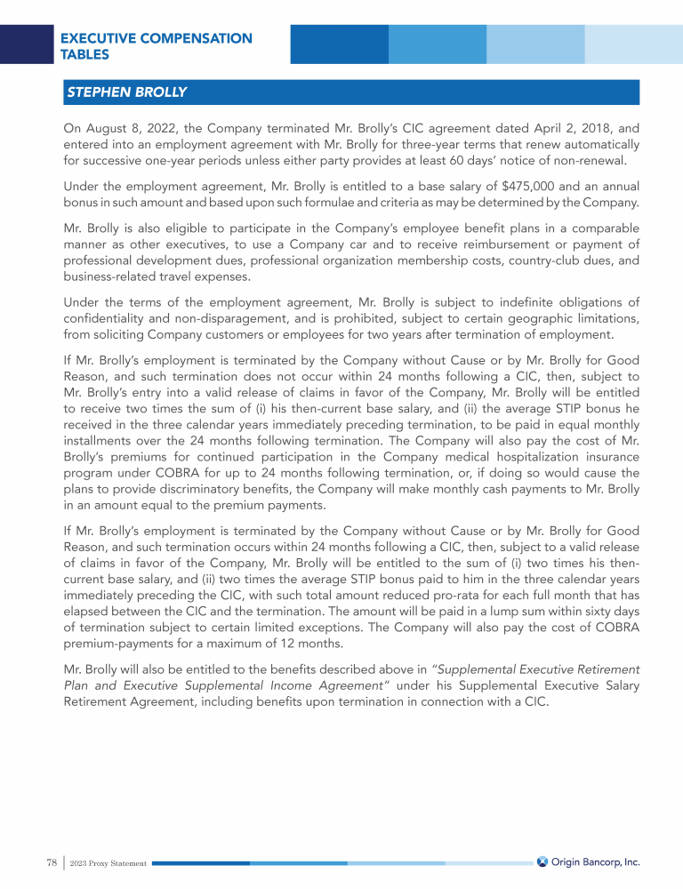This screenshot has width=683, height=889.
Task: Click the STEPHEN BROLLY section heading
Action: tap(126, 92)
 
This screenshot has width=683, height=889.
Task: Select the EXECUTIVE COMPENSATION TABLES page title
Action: tap(156, 46)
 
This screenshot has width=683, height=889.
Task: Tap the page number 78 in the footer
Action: tap(52, 862)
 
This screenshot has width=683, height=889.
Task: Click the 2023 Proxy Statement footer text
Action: tap(108, 863)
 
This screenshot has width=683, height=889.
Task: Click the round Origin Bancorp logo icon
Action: tap(542, 861)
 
